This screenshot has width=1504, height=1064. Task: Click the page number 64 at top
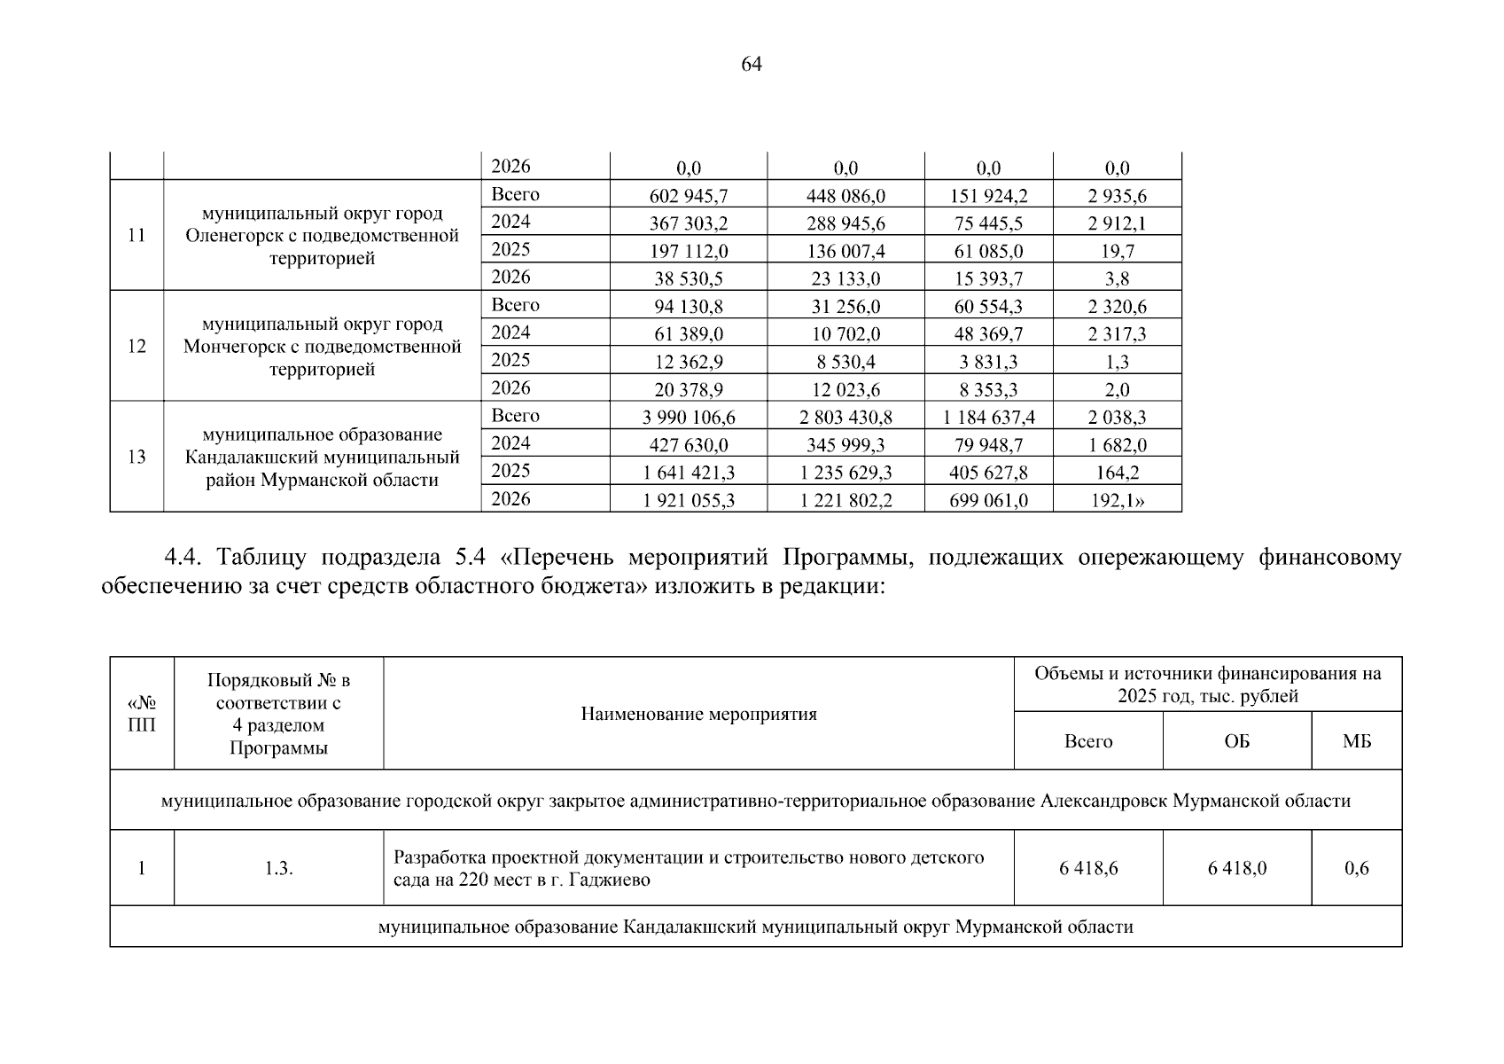click(751, 64)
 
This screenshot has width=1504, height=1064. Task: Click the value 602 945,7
click(688, 196)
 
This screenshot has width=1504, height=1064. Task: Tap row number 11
click(136, 236)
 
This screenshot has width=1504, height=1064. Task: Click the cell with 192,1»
click(1117, 501)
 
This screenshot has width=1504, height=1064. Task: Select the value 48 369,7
click(988, 334)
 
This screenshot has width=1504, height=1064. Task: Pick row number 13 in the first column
click(136, 458)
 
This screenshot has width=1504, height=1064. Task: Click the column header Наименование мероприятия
click(698, 715)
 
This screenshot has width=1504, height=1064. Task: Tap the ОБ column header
click(1236, 742)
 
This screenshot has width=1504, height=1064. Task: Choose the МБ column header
click(1356, 742)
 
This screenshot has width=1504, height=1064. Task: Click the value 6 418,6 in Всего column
click(1087, 869)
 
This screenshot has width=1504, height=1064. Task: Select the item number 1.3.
click(278, 869)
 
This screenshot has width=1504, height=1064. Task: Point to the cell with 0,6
click(1356, 869)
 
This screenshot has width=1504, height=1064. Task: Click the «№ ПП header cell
click(142, 714)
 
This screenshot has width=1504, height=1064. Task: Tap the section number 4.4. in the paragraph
click(184, 558)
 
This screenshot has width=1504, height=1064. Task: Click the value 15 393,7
click(988, 279)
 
